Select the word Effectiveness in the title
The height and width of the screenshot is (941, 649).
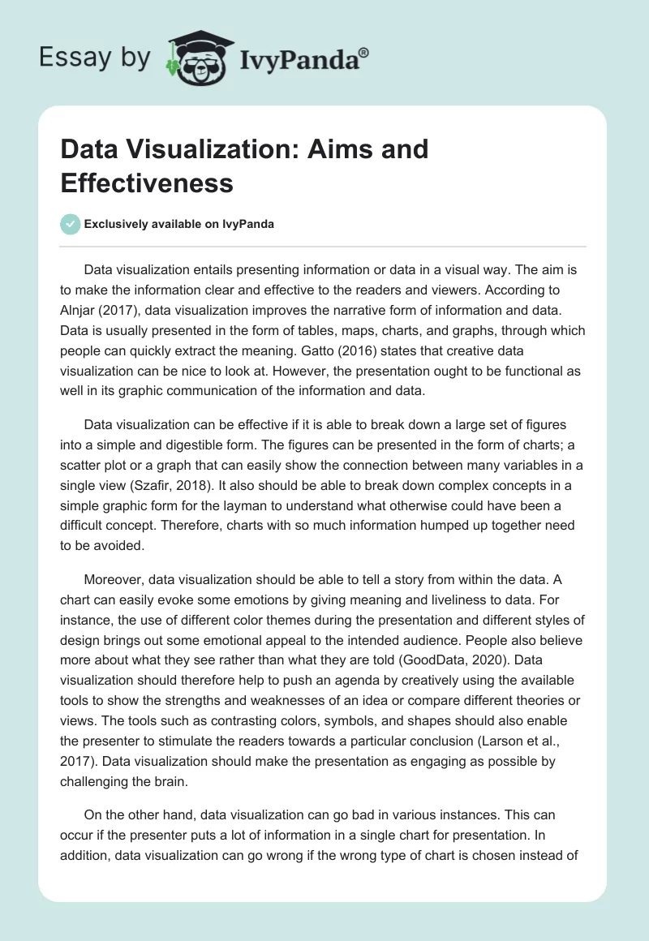(147, 183)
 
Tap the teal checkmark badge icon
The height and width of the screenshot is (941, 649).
(71, 224)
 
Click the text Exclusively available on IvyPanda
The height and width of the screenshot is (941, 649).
(179, 225)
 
